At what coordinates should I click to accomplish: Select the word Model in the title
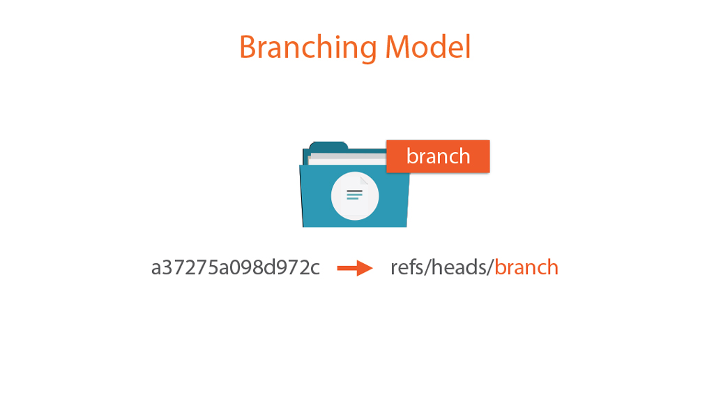click(427, 47)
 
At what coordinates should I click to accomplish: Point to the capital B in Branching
click(248, 47)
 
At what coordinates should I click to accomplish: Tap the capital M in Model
click(398, 47)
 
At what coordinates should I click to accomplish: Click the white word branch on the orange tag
click(438, 156)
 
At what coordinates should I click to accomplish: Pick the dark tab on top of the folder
click(329, 147)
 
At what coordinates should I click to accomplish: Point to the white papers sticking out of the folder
click(347, 158)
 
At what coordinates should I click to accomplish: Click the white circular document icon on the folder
click(355, 196)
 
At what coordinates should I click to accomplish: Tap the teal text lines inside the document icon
click(355, 195)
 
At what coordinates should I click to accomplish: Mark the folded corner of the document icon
click(364, 181)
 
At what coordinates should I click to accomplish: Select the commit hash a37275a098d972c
click(236, 267)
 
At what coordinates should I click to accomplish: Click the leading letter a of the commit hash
click(156, 269)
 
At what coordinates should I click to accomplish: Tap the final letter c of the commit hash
click(314, 269)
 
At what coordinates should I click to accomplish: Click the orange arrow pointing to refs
click(355, 268)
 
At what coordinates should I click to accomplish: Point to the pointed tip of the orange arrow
click(372, 268)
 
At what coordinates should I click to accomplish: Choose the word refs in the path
click(407, 267)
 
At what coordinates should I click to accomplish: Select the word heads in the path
click(459, 267)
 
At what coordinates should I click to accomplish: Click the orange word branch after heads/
click(526, 267)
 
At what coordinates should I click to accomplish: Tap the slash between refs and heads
click(427, 267)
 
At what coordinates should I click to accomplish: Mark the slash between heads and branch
click(491, 267)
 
